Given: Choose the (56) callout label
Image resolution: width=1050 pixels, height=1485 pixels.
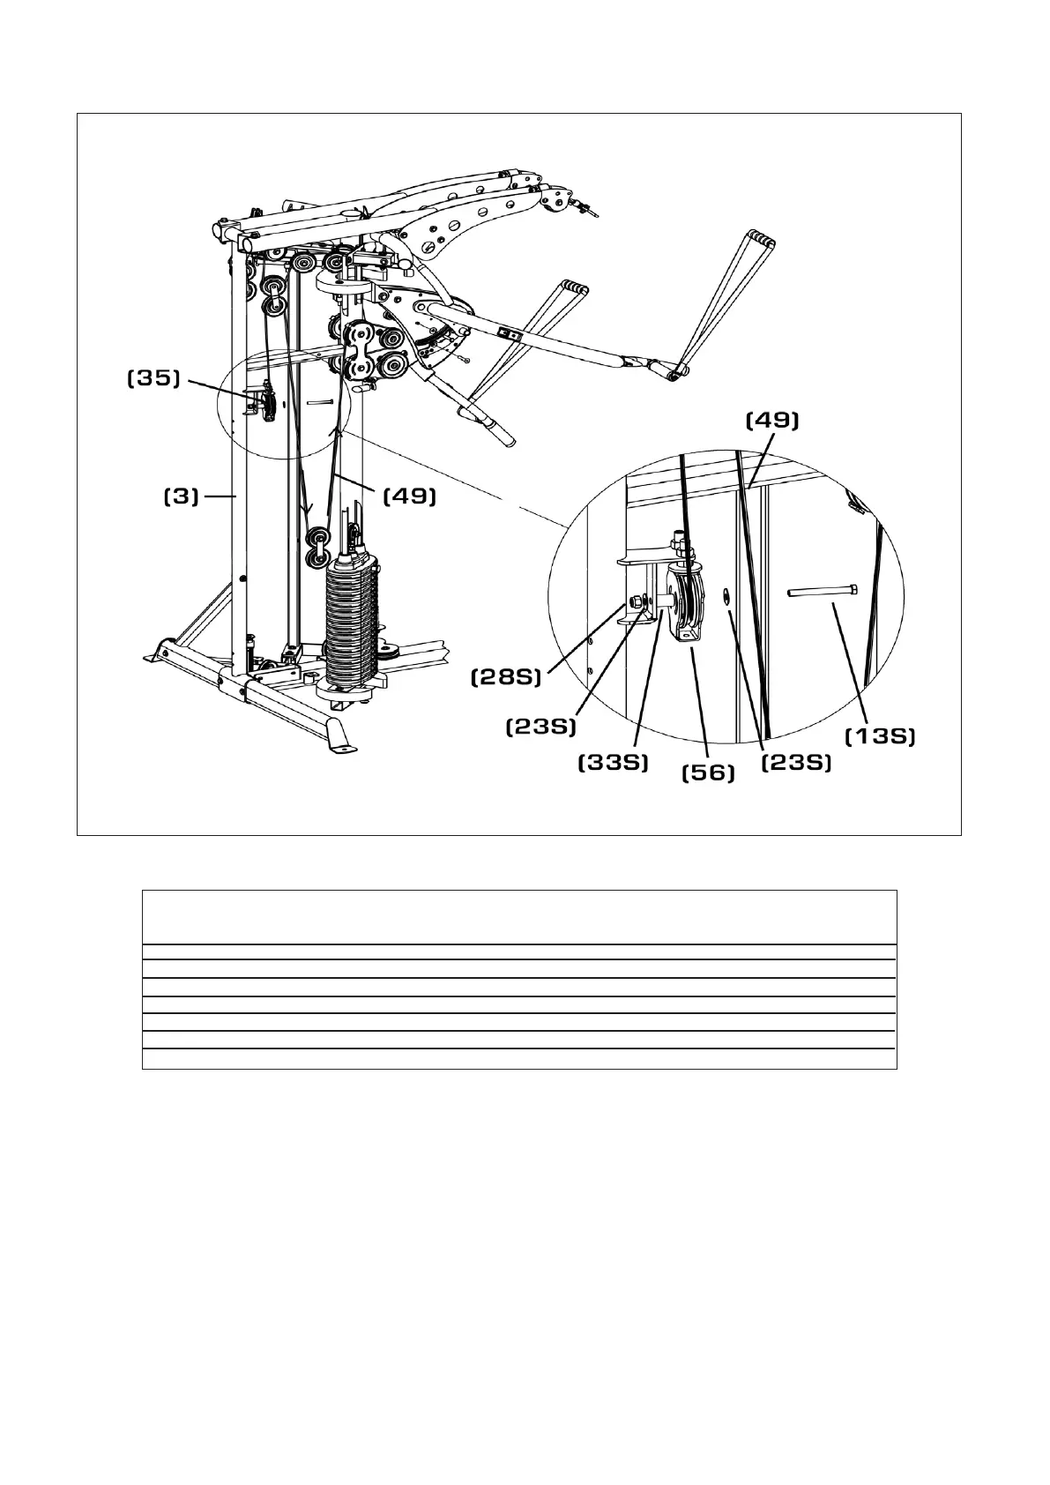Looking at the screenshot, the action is [x=709, y=773].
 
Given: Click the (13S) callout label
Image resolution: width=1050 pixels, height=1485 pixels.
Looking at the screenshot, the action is [x=880, y=736].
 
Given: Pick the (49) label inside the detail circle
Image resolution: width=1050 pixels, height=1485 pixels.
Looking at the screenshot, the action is [x=772, y=422].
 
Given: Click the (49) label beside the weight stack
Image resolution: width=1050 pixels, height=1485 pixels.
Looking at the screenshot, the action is [x=409, y=496].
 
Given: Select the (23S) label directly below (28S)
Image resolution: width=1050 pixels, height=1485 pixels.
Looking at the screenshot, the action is [x=540, y=727].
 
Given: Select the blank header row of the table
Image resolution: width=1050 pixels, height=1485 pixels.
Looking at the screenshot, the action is [x=519, y=917].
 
